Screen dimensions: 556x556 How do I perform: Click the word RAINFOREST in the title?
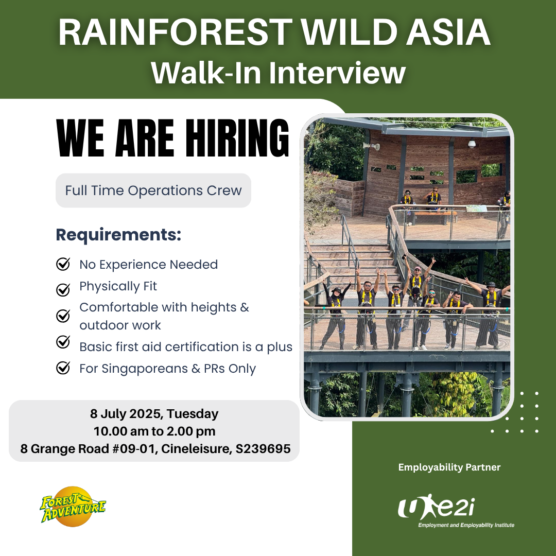[175, 32]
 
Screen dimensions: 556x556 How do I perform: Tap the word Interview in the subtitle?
[337, 73]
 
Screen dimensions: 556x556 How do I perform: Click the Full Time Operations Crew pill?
[153, 190]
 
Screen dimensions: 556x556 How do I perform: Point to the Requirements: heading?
[118, 235]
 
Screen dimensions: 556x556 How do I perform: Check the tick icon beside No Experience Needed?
[63, 264]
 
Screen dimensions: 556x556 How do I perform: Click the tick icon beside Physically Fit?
[63, 289]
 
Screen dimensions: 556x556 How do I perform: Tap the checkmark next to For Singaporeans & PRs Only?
[63, 368]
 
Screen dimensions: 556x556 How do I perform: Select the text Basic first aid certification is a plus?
[186, 347]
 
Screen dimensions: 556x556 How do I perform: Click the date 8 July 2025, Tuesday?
[154, 414]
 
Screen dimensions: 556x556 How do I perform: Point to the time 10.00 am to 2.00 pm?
[154, 431]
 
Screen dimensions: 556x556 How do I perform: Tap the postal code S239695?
[263, 448]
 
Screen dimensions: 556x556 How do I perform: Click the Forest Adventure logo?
[73, 507]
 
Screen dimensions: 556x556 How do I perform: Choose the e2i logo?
[456, 510]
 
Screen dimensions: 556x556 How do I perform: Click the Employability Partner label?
[449, 467]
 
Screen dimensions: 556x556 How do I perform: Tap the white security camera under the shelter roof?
[471, 144]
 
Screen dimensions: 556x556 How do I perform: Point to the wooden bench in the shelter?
[434, 217]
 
